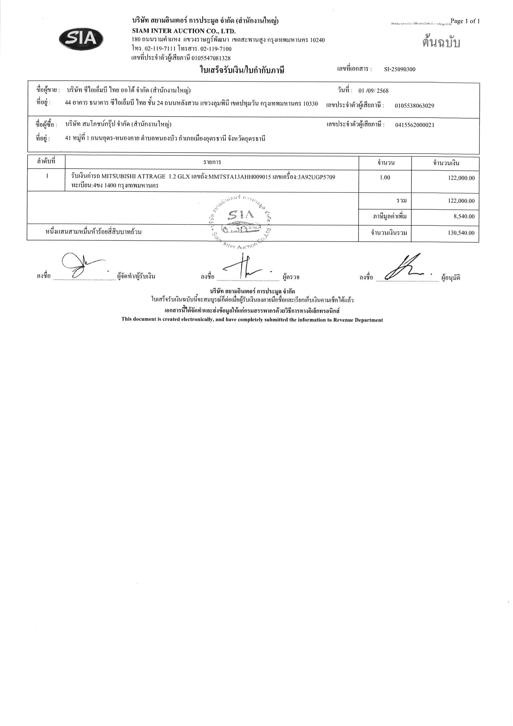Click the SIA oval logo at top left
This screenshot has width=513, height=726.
point(81,39)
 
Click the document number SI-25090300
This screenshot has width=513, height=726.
point(400,70)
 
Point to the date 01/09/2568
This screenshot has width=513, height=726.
point(373,91)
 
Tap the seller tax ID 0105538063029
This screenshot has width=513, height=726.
point(414,106)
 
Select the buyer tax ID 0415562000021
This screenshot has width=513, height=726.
point(415,125)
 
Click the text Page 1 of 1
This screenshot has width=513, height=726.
point(465,21)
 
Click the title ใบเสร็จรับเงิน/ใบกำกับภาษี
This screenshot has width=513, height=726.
point(242,70)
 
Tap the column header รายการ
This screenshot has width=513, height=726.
point(212,163)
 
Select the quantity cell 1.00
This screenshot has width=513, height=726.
point(385,178)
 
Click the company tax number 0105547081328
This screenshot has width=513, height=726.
point(211,58)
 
